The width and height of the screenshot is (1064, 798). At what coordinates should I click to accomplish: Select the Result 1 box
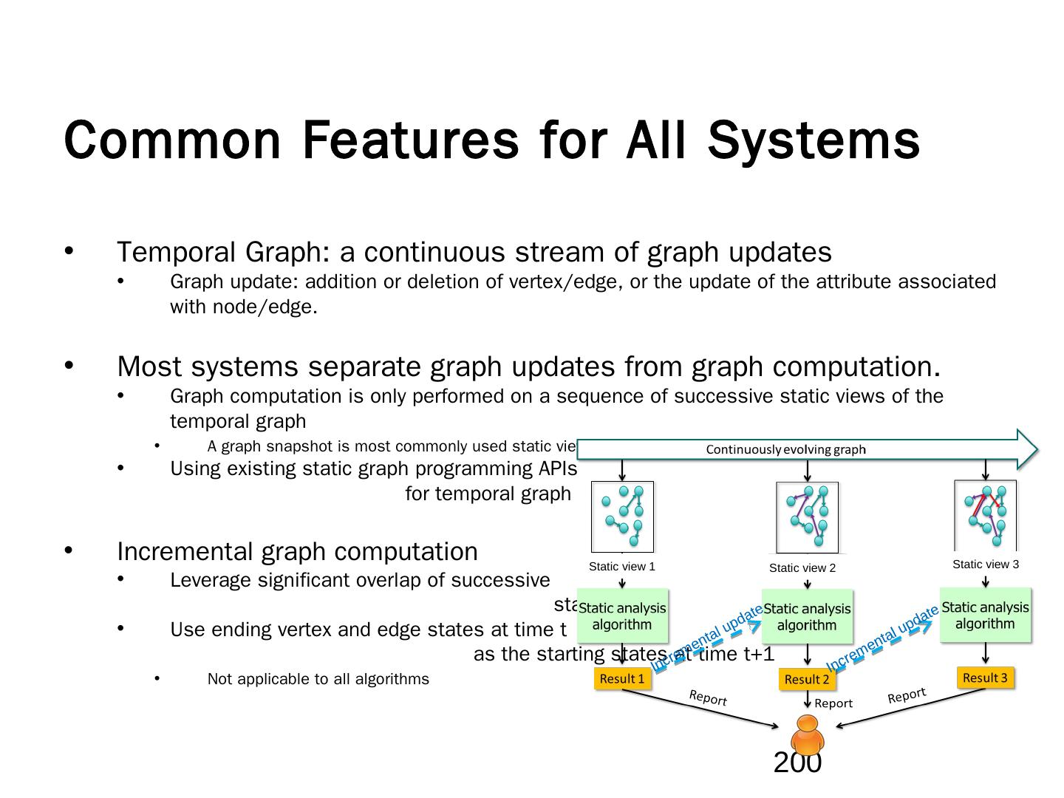pos(622,678)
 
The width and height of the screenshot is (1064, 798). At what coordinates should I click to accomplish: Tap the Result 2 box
pos(807,679)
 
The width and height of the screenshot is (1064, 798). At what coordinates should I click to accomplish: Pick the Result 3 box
pos(985,678)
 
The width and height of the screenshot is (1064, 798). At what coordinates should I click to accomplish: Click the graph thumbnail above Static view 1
pos(623,516)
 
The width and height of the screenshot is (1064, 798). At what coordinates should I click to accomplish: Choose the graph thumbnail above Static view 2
pos(808,516)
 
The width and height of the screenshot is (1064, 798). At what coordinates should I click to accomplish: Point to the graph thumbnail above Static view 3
pos(986,515)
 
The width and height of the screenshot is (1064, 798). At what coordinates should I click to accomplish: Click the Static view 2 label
pos(802,567)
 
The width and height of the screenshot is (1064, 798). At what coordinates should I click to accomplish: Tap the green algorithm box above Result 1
pos(622,615)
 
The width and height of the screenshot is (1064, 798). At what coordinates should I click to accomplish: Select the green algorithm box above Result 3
pos(985,615)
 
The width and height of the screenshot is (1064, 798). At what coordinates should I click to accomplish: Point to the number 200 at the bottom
pos(797,763)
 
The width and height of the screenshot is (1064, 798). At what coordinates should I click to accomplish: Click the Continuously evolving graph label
pos(785,449)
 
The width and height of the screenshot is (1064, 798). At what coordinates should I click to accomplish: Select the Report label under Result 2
pos(833,703)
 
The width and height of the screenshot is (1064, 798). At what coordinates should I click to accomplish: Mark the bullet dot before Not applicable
pos(157,678)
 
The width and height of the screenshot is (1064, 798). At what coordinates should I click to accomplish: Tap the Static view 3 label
pos(986,564)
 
